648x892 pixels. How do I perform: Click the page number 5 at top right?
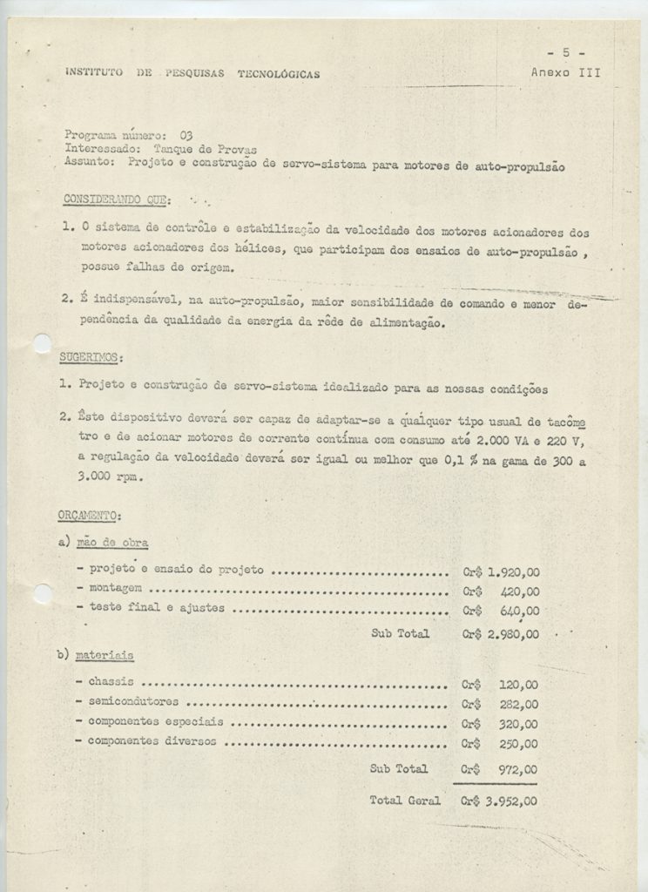coord(567,54)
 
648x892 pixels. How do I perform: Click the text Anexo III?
coord(565,72)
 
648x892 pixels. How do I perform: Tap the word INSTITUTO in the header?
coord(93,74)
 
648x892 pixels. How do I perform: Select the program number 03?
coord(186,135)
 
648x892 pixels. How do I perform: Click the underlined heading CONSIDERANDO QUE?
coord(116,200)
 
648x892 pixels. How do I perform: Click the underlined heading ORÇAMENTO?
coord(95,517)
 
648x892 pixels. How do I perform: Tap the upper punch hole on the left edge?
coord(41,344)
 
